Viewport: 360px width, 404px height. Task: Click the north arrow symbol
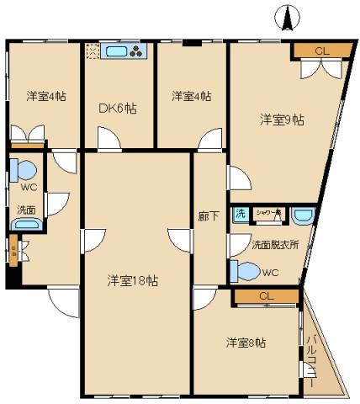pyautogui.click(x=287, y=17)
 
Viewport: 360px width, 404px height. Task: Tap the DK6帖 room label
pyautogui.click(x=118, y=108)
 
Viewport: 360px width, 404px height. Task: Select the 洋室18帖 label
pyautogui.click(x=133, y=280)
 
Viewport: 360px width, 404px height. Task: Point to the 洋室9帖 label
pyautogui.click(x=281, y=120)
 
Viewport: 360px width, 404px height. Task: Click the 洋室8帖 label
pyautogui.click(x=246, y=343)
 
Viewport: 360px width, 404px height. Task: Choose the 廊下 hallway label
pyautogui.click(x=208, y=215)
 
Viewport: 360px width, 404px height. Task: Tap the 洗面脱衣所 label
pyautogui.click(x=274, y=245)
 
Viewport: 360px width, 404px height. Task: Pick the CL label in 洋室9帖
pyautogui.click(x=321, y=51)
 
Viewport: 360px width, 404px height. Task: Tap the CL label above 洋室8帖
pyautogui.click(x=266, y=296)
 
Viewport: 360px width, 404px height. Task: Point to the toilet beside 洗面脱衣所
pyautogui.click(x=246, y=272)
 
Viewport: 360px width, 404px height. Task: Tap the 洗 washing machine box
pyautogui.click(x=240, y=215)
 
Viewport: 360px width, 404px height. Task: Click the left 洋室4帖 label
pyautogui.click(x=42, y=95)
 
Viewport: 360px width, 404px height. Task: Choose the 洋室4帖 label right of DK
pyautogui.click(x=191, y=95)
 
